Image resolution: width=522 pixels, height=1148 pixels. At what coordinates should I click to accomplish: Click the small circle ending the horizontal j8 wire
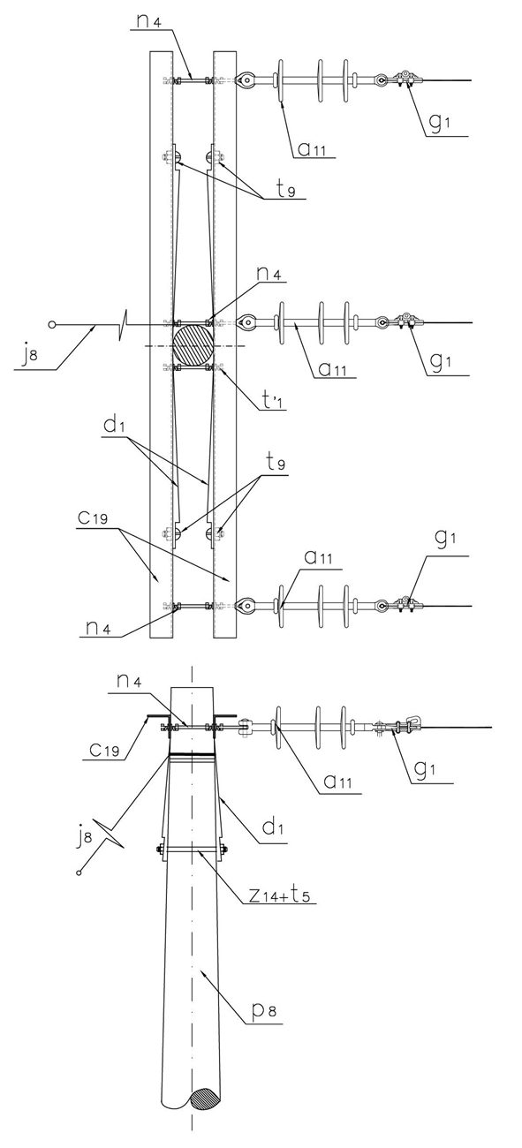tap(51, 324)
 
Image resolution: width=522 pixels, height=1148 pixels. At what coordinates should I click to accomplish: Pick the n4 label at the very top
tap(149, 21)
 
